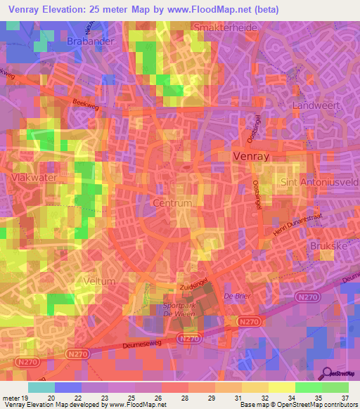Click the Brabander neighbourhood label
(x=90, y=41)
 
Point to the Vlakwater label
(x=34, y=178)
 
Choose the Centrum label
(x=172, y=203)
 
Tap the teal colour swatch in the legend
(x=41, y=387)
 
